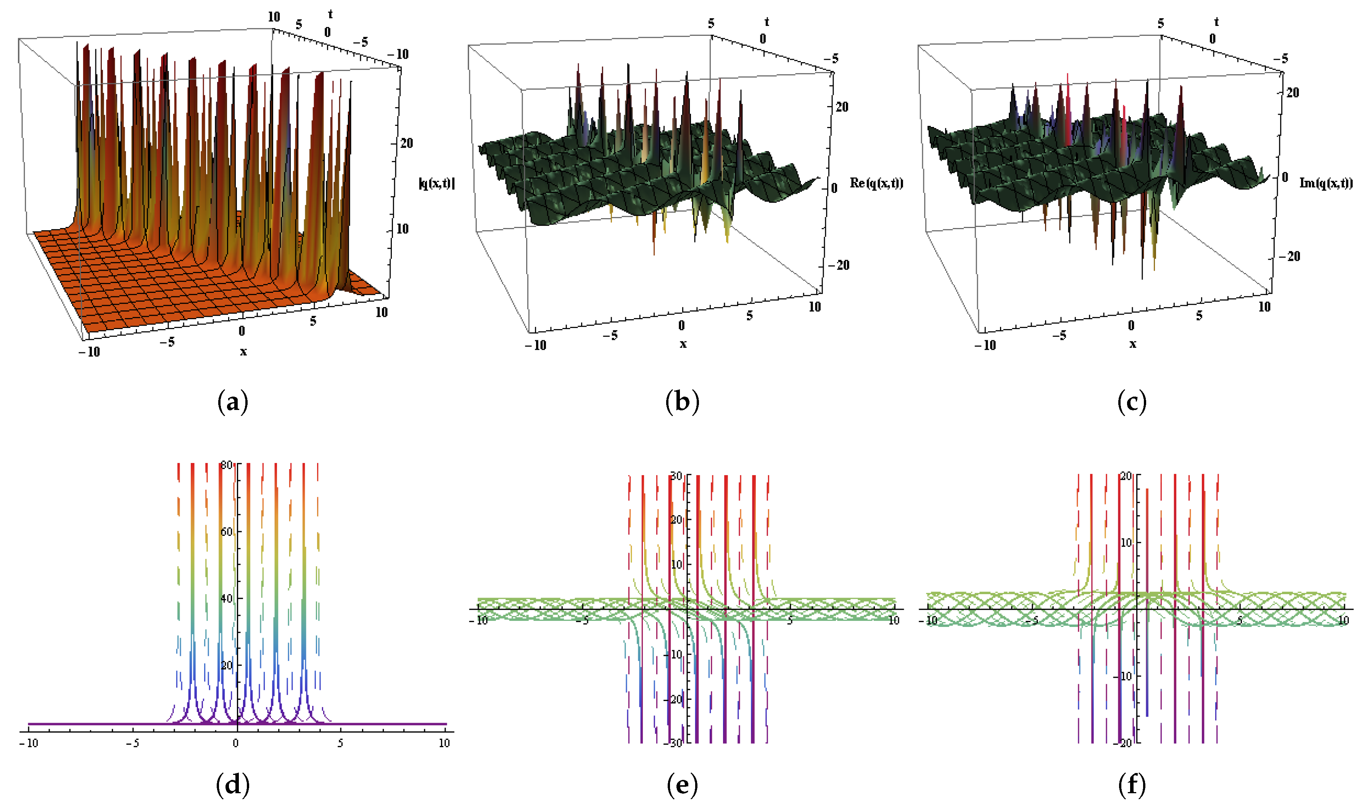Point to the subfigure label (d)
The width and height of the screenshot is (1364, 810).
click(x=233, y=786)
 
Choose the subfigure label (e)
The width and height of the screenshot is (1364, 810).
click(x=683, y=786)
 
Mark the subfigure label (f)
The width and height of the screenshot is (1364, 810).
click(x=1132, y=786)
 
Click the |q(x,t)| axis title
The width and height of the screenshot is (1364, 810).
click(x=437, y=183)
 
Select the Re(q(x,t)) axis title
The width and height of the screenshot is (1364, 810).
click(x=876, y=183)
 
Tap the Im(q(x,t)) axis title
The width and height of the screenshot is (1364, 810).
click(x=1326, y=183)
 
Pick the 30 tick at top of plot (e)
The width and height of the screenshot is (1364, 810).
click(x=676, y=476)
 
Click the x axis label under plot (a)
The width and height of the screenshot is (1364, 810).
click(x=243, y=352)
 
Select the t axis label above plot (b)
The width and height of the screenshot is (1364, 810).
click(x=767, y=22)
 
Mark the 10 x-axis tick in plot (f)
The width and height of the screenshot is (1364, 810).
click(x=1343, y=620)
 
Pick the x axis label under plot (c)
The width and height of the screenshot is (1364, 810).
click(x=1132, y=344)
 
